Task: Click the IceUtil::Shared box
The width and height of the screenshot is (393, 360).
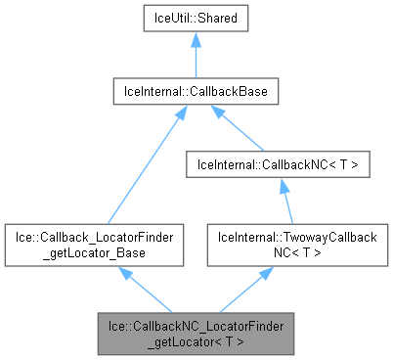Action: pos(197,18)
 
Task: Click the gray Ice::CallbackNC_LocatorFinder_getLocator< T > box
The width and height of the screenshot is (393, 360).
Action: pos(197,330)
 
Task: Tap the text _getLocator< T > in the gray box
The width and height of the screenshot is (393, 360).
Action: pos(197,337)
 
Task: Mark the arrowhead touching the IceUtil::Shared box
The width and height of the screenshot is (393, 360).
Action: pos(197,39)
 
